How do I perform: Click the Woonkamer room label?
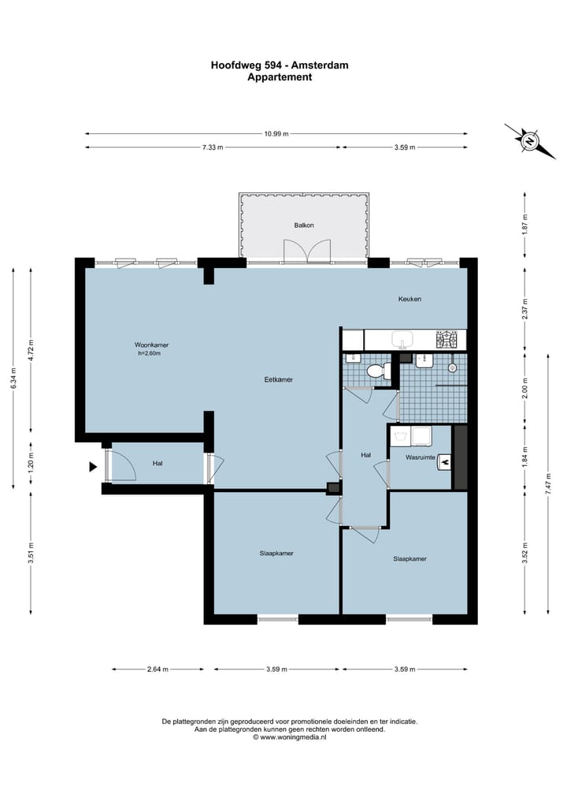[151, 345]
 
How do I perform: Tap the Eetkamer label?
[279, 379]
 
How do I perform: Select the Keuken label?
[409, 299]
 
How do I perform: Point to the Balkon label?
[304, 225]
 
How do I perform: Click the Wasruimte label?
[421, 457]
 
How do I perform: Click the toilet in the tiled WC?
[379, 371]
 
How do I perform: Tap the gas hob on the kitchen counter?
[447, 338]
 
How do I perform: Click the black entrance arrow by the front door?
[93, 467]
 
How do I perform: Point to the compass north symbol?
[530, 141]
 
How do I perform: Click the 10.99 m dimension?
[276, 134]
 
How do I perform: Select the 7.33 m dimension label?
[213, 147]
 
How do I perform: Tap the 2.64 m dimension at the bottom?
[157, 669]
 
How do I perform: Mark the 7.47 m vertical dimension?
[548, 483]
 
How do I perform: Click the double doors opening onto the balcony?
[307, 251]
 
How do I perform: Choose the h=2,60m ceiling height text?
[149, 353]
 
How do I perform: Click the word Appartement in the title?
[280, 77]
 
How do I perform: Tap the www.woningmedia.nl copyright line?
[290, 737]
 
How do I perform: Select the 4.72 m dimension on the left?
[31, 350]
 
